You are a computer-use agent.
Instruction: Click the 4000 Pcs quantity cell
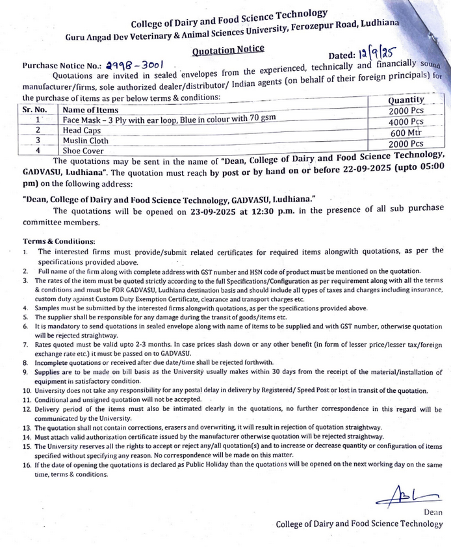(406, 122)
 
